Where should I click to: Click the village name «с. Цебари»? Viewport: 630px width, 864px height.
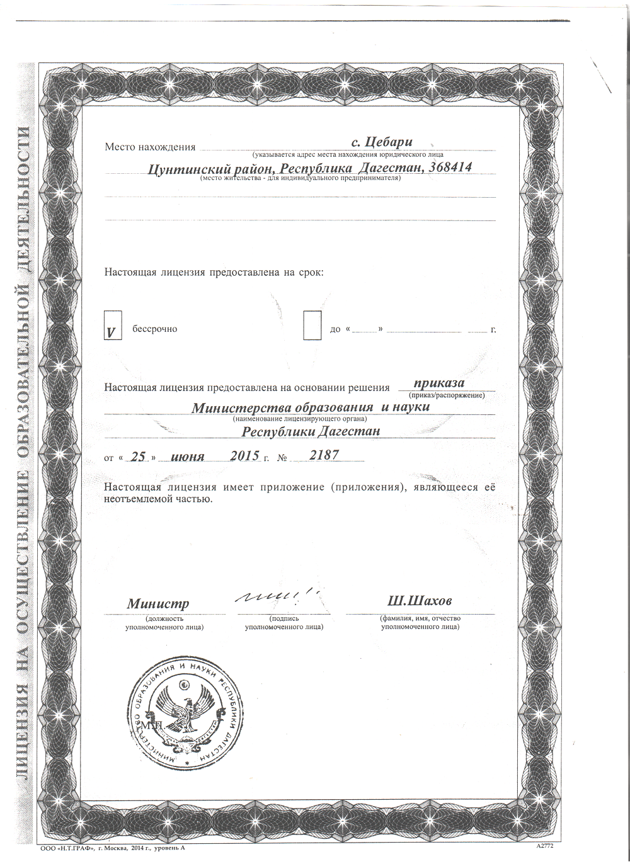click(x=381, y=143)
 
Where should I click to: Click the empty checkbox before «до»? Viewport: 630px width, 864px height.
click(x=312, y=325)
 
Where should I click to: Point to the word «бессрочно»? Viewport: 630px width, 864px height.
click(x=154, y=329)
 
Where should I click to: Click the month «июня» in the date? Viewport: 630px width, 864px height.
click(x=188, y=457)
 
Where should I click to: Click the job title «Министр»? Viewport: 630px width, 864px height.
click(x=157, y=603)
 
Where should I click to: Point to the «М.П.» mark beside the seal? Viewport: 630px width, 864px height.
click(x=154, y=725)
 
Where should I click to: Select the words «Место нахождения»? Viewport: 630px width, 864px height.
click(x=150, y=147)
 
